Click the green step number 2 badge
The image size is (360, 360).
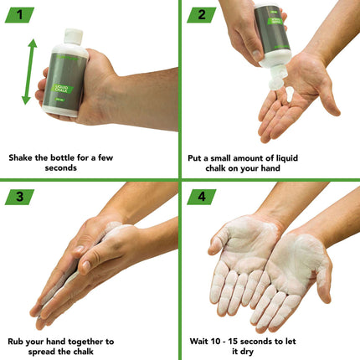200,15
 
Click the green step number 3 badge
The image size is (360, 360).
18,197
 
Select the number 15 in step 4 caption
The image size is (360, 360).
264,341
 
